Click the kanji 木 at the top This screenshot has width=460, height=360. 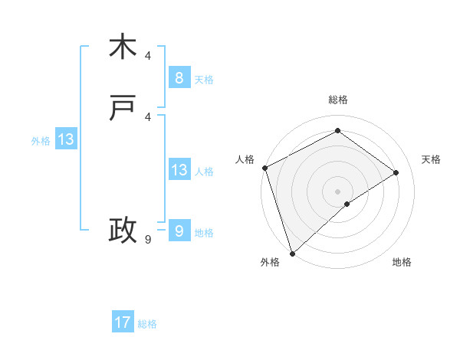(123, 47)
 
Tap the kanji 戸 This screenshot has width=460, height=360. (123, 110)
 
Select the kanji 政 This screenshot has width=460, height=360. (123, 230)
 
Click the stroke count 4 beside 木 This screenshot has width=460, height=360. (148, 56)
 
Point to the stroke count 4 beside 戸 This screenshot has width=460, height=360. (148, 116)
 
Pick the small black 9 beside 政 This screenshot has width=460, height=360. (148, 240)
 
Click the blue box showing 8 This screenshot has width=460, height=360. (179, 77)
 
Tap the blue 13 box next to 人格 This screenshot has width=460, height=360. (179, 170)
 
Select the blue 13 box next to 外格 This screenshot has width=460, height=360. (66, 139)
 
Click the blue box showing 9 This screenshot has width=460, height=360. (179, 231)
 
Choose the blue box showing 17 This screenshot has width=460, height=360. (123, 322)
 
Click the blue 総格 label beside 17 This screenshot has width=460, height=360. (147, 324)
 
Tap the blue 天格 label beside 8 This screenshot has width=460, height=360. (203, 79)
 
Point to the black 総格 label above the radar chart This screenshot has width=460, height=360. (338, 100)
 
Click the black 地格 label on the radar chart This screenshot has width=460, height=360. (402, 262)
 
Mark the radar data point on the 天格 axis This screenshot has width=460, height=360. (396, 172)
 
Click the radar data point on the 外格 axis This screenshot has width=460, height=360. (291, 253)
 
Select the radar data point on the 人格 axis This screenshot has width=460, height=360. (264, 168)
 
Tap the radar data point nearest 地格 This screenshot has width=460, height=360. (347, 204)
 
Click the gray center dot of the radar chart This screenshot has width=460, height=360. (337, 191)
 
